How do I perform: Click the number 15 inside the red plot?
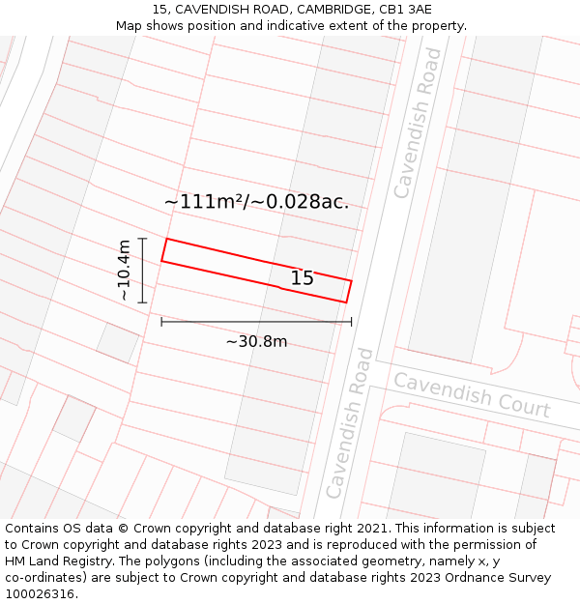(302, 278)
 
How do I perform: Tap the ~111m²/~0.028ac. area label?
(256, 202)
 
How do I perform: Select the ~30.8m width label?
(256, 341)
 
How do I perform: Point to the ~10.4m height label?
(124, 271)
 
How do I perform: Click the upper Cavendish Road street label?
(418, 123)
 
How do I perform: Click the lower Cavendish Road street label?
(349, 423)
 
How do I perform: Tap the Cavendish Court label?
(471, 395)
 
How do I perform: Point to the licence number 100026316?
(42, 594)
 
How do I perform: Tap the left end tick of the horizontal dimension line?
(161, 322)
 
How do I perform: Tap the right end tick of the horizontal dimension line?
(351, 322)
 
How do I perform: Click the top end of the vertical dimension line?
(142, 239)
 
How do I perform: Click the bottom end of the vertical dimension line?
(142, 302)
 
